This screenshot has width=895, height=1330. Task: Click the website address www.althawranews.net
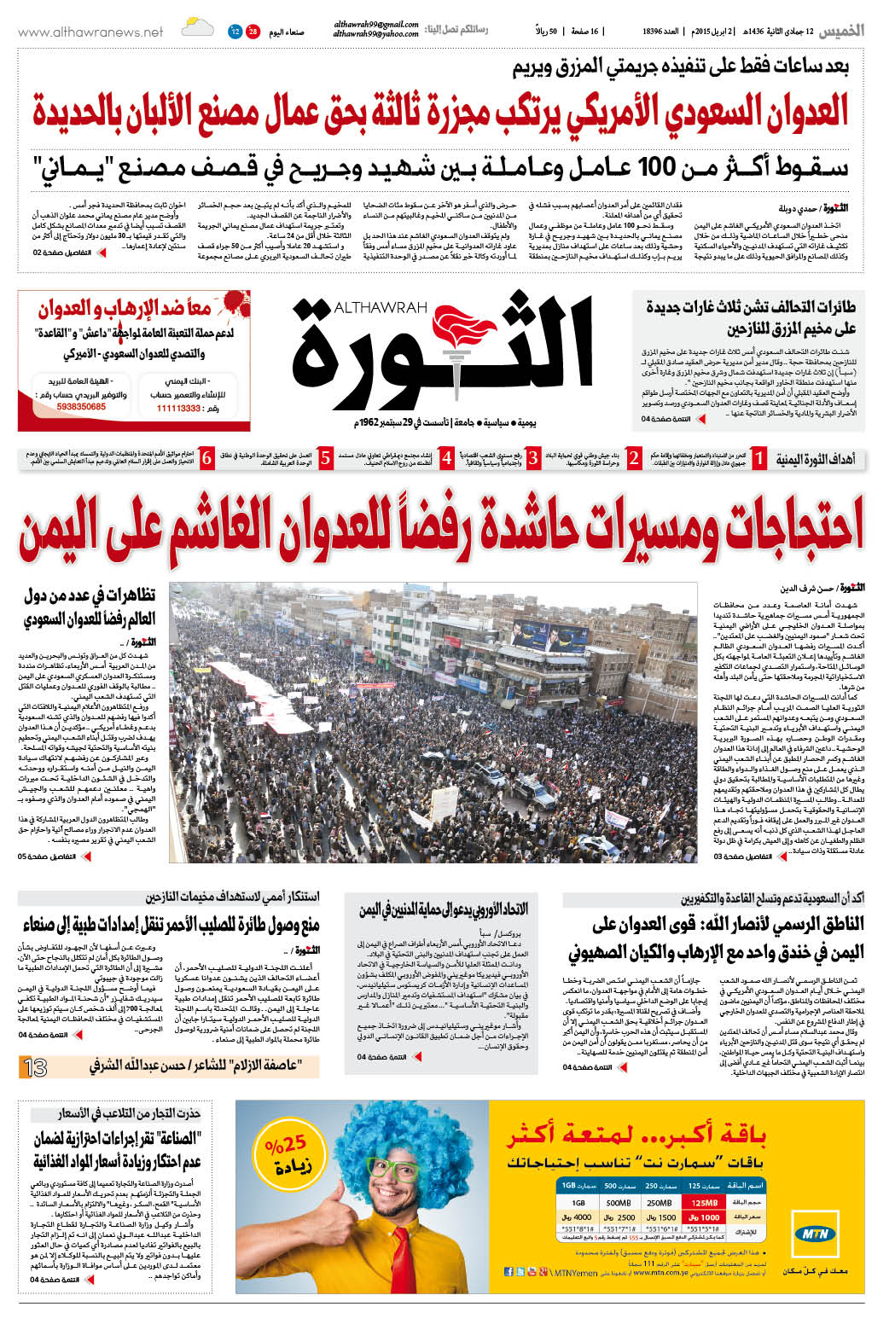click(x=90, y=32)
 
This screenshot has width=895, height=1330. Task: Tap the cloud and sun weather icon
click(x=197, y=29)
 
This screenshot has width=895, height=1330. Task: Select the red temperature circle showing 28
click(x=253, y=32)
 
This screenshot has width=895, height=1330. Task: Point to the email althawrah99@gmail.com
click(x=376, y=26)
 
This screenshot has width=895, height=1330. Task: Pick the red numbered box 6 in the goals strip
click(x=207, y=458)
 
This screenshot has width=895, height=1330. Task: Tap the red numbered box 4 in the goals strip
click(x=446, y=458)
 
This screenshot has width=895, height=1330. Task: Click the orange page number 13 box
click(x=36, y=1066)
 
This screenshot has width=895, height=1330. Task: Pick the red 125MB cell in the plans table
click(x=706, y=1202)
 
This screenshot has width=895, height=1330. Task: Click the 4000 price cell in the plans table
click(x=583, y=1217)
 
